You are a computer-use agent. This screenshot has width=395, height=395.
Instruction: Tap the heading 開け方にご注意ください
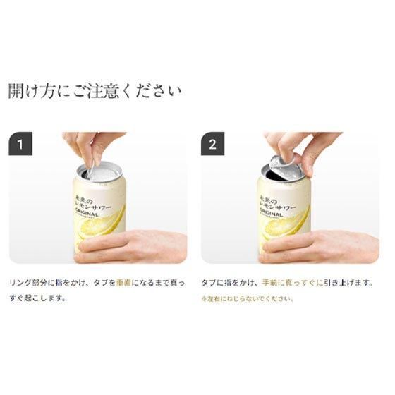pyautogui.click(x=95, y=92)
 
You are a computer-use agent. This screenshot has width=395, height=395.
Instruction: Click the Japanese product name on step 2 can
pyautogui.click(x=277, y=201)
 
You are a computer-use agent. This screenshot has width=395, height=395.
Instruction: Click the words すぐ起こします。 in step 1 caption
pyautogui.click(x=37, y=298)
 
